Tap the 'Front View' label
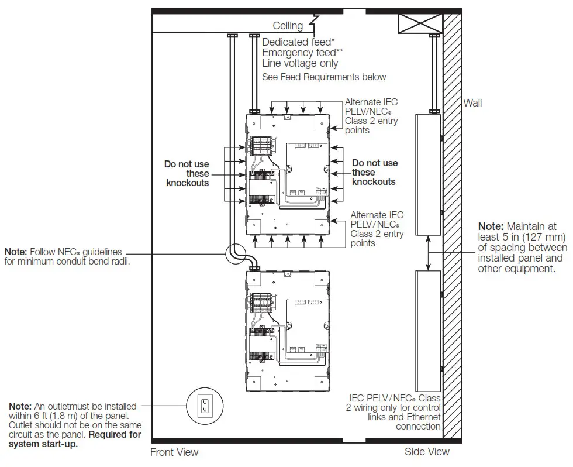(x=174, y=452)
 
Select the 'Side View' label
(x=427, y=451)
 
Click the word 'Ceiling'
(x=288, y=26)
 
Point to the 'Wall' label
(x=472, y=103)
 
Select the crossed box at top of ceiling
(x=419, y=23)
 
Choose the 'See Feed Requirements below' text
(x=324, y=77)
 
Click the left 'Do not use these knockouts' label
(x=187, y=174)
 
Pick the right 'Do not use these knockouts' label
(x=374, y=173)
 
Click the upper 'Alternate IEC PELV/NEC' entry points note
(x=371, y=116)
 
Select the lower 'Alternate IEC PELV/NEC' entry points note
(x=377, y=229)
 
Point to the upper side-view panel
(x=428, y=174)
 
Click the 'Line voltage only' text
(x=300, y=63)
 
